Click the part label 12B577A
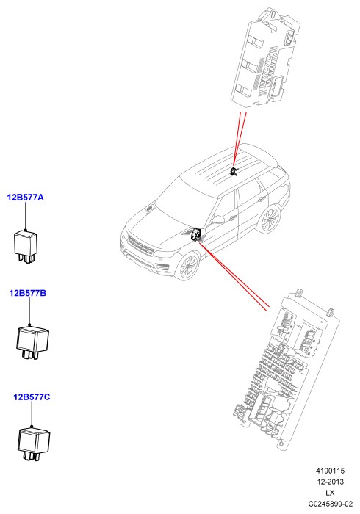point(25,198)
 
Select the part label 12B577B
point(28,293)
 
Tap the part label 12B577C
point(32,397)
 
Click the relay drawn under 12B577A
point(25,246)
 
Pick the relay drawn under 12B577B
point(32,342)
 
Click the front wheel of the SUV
point(187,266)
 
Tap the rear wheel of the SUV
point(269,219)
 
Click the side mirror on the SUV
point(219,219)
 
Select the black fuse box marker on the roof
point(234,171)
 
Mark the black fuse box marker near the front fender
point(196,234)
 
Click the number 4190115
point(330,471)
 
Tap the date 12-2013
point(330,482)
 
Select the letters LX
point(330,493)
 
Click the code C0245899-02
point(330,504)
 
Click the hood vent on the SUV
point(149,209)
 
